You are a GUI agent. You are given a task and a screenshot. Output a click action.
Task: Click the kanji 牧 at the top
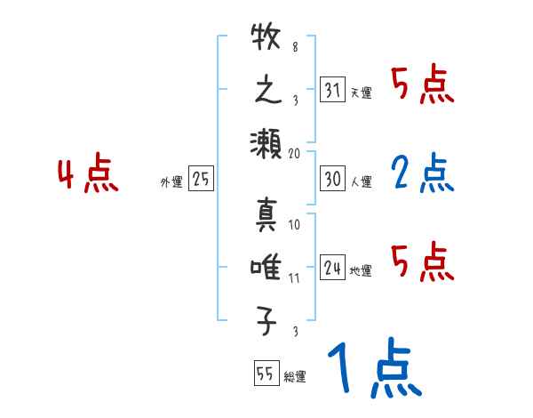tap(266, 42)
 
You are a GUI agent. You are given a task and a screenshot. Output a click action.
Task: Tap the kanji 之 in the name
tap(266, 91)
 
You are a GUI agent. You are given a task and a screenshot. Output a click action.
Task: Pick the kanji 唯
tap(266, 267)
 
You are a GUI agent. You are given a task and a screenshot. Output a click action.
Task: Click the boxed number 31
tap(333, 90)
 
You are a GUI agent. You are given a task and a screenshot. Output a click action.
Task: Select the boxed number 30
tap(333, 179)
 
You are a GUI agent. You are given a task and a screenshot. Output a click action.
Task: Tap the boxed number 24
tap(333, 268)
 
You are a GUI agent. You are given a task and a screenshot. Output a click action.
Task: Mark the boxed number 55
tap(265, 373)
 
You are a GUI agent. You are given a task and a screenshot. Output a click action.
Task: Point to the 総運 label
tap(295, 376)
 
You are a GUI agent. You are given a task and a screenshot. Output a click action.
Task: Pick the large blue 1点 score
tap(374, 368)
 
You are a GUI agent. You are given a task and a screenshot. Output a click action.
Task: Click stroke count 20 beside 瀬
tap(294, 153)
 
